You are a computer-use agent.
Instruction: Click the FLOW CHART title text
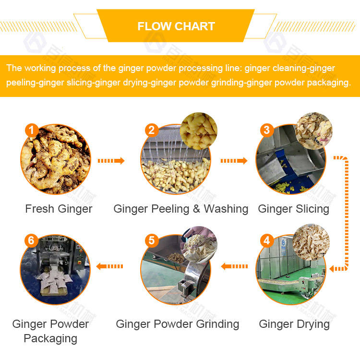coord(176,26)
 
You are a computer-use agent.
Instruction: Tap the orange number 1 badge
coord(32,130)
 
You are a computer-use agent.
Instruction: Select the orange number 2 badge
coord(152,130)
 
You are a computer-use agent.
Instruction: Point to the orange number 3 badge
coord(266,130)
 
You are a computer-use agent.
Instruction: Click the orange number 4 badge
coord(266,240)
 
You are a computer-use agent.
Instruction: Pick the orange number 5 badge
coord(152,240)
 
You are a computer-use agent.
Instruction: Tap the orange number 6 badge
coord(31,240)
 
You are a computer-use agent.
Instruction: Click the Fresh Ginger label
coord(59,209)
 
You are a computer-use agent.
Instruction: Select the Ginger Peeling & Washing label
coord(181,209)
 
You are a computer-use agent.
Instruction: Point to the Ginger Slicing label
coord(294,209)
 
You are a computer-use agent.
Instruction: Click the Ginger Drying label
coord(294,324)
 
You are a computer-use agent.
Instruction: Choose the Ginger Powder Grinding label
coord(178,324)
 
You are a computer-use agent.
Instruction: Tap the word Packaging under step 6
coord(50,339)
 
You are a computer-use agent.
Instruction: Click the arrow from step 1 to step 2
coord(111,161)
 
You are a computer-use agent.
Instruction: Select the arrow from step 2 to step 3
coord(234,161)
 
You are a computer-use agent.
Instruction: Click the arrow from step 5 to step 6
coord(109,266)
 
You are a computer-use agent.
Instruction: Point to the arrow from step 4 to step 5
coord(234,266)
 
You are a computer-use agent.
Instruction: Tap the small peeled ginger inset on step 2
coord(199,131)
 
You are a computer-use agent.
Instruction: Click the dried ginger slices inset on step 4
coord(311,242)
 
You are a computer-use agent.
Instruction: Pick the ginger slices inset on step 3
coord(313,131)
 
